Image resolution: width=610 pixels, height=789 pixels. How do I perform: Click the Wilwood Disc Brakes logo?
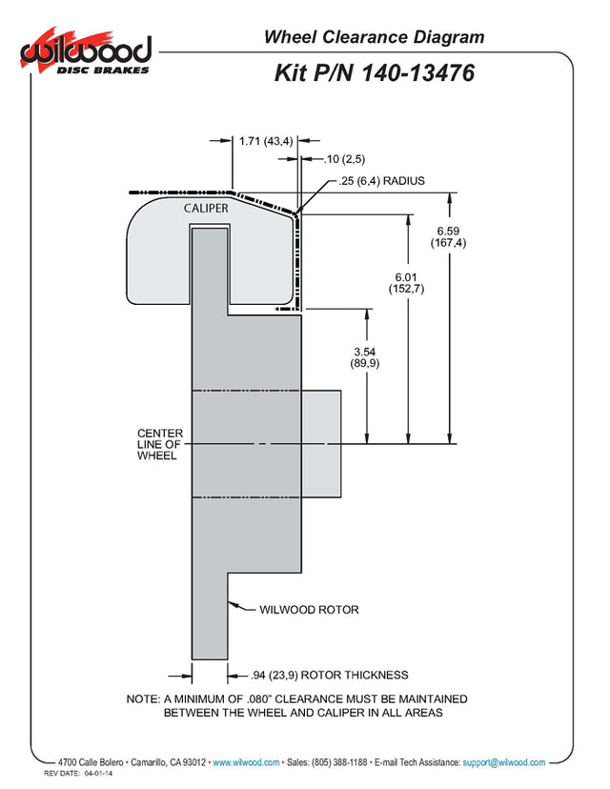pos(86,51)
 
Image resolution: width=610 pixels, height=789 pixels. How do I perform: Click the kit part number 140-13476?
pos(417,73)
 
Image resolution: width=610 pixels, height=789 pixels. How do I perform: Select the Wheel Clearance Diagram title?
pos(374,37)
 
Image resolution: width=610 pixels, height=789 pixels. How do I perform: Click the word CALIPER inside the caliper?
pos(206,209)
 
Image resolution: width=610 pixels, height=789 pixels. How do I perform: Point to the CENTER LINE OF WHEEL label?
pos(160,444)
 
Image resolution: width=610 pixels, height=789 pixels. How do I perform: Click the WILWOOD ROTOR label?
pos(309,610)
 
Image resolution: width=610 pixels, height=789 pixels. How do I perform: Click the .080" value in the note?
pos(259,698)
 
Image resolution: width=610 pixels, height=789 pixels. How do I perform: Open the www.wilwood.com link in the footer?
pos(246,762)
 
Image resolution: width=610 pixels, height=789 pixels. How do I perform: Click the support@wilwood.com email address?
pos(504,762)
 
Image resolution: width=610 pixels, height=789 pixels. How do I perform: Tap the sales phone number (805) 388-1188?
pos(339,762)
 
